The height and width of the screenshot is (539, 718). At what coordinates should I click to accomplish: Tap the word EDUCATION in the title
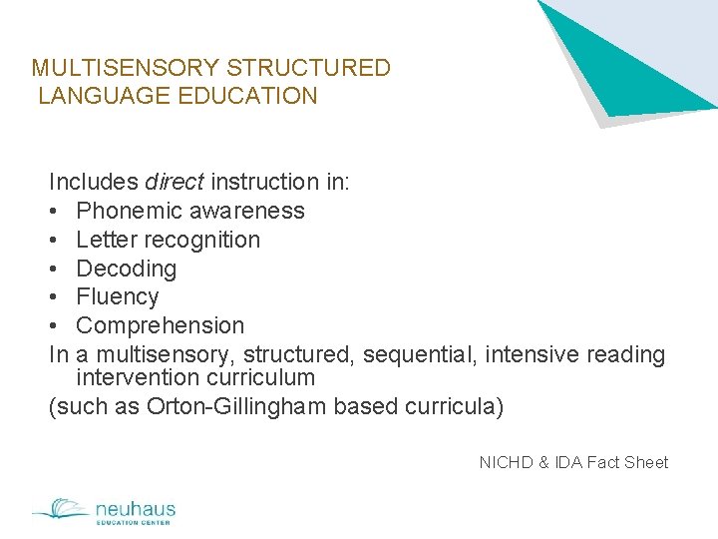tap(257, 97)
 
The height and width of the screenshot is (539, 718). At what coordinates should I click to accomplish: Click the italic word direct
tap(175, 183)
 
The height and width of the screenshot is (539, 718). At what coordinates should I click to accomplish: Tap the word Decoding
tap(127, 269)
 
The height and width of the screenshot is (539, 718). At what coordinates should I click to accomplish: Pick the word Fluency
tap(118, 297)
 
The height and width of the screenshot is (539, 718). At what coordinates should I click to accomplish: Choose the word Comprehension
tap(161, 326)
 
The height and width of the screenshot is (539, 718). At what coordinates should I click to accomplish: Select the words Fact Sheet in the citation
tap(627, 462)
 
